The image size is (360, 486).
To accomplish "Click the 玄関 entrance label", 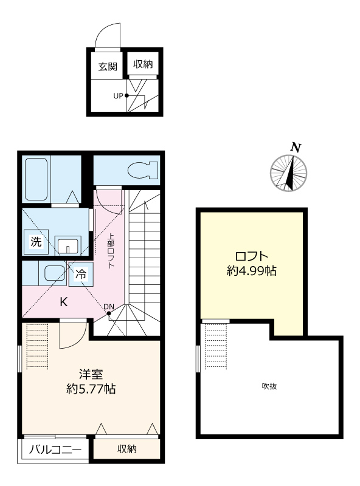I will pyautogui.click(x=108, y=66).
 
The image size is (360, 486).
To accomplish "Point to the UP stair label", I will pyautogui.click(x=119, y=95).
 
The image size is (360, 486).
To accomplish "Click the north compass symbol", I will pyautogui.click(x=288, y=172).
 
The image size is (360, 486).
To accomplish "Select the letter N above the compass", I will pyautogui.click(x=296, y=147).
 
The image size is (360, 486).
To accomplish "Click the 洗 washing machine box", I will pyautogui.click(x=36, y=241).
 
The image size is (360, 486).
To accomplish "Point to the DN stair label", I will pyautogui.click(x=109, y=307).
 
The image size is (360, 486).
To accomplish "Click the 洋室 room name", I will pyautogui.click(x=89, y=374).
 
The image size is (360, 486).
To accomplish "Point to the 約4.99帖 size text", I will pyautogui.click(x=251, y=272).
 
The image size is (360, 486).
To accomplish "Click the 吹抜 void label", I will pyautogui.click(x=269, y=386).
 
